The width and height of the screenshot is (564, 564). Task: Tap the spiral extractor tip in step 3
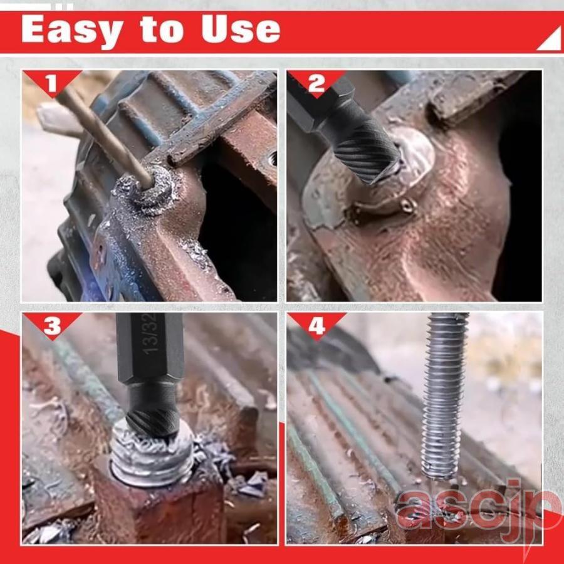[153, 422]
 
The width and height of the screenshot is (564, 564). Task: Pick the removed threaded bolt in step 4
[444, 395]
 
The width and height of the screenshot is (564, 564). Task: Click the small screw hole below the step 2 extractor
[407, 206]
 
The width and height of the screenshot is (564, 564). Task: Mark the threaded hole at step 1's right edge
[271, 159]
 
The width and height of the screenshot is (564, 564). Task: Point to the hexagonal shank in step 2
[316, 104]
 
